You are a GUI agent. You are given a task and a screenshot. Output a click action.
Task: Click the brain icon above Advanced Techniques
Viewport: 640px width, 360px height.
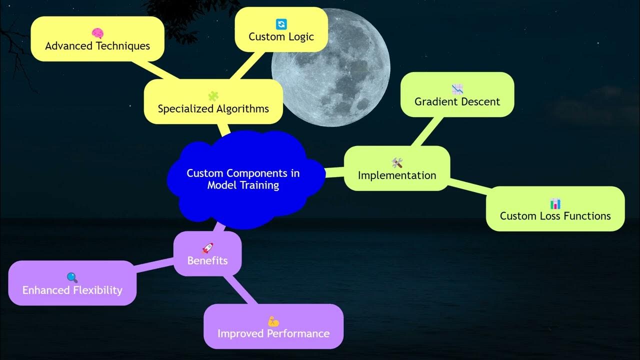coord(97,33)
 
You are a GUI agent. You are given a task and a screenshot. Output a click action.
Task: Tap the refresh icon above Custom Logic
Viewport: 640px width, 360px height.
coord(281,24)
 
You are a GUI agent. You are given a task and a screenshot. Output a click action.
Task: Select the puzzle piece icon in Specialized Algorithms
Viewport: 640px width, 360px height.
coord(213,96)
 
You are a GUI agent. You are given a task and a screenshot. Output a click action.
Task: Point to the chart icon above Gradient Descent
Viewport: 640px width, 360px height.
coord(457,89)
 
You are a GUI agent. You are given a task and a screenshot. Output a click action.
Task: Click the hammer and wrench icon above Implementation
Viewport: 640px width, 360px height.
coord(397,163)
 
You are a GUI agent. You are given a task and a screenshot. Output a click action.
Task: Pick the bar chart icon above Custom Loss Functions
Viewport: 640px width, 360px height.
coord(555,203)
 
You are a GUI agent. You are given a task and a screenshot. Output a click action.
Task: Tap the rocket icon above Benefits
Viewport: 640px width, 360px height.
coord(207,248)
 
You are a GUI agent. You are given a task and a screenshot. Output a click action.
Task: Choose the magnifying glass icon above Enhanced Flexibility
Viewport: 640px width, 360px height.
coord(72,277)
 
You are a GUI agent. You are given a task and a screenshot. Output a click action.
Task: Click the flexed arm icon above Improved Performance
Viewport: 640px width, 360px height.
coord(273,321)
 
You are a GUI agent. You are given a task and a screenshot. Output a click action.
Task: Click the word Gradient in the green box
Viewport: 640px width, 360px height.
coord(436,101)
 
